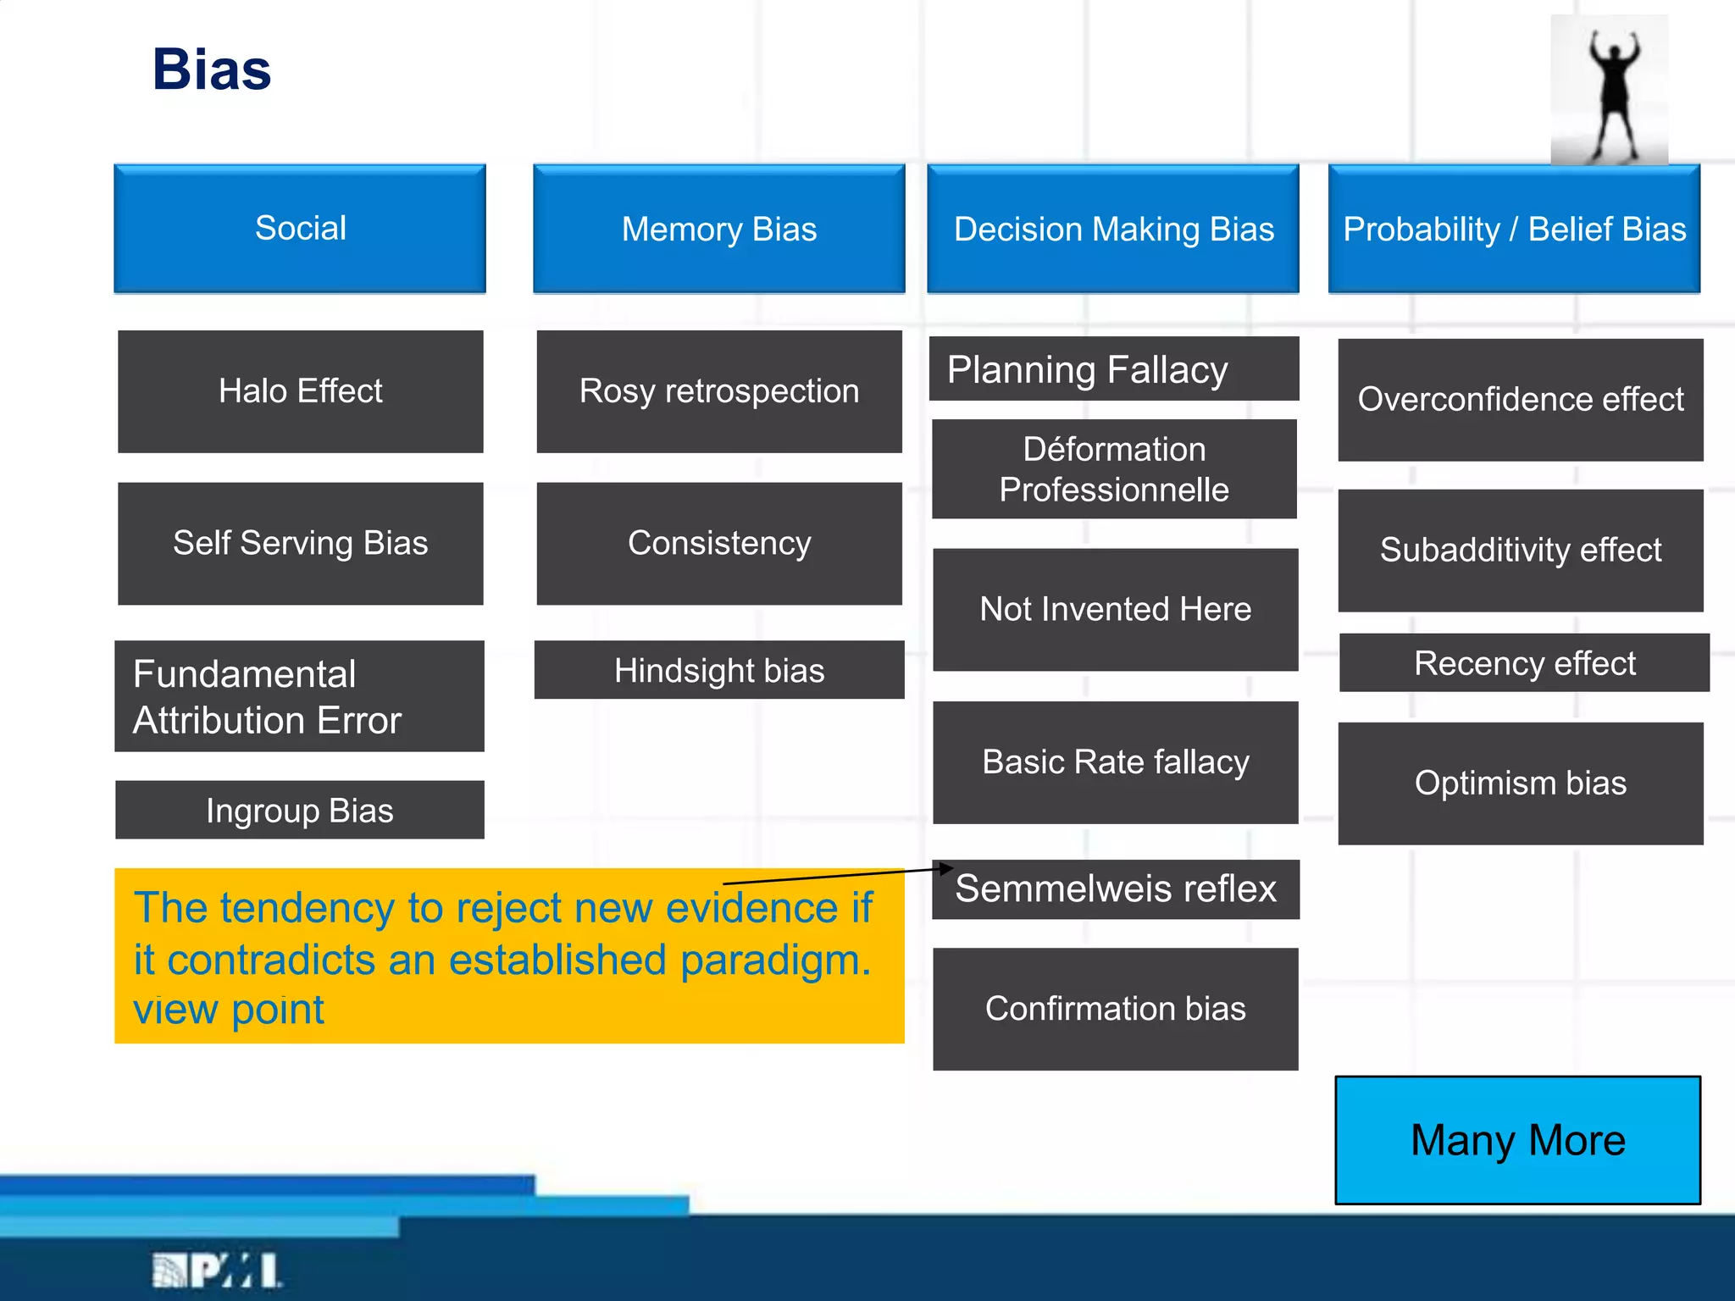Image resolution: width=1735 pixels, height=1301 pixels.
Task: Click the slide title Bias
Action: pos(212,69)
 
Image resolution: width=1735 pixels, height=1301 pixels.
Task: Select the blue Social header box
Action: pos(300,229)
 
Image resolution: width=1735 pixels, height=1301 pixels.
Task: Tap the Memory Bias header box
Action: pos(718,229)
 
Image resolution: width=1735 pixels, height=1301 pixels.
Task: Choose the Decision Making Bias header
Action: pos(1113,229)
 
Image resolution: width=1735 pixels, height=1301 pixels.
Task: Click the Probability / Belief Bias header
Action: pos(1514,229)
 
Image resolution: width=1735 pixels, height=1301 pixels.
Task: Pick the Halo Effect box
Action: pos(300,391)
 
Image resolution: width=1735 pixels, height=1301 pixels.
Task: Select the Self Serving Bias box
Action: pos(300,543)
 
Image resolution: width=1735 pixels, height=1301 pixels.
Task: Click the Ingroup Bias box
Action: pos(300,811)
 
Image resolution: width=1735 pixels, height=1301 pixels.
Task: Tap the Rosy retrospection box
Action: pos(718,391)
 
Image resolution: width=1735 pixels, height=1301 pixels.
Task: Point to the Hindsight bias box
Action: pos(718,670)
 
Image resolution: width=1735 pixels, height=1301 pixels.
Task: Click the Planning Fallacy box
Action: pos(1113,369)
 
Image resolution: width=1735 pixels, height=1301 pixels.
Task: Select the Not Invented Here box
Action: pos(1115,609)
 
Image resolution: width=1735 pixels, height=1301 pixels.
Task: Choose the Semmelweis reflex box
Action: pos(1115,889)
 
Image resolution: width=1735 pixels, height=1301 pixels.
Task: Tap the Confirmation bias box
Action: pos(1115,1008)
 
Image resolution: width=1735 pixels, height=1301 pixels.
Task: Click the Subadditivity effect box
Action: pos(1520,550)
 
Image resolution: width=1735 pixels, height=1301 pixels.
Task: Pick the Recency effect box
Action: pos(1524,662)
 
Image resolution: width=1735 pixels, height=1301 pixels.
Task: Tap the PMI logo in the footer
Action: pos(217,1270)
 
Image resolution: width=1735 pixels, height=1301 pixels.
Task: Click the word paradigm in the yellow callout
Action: pos(775,961)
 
